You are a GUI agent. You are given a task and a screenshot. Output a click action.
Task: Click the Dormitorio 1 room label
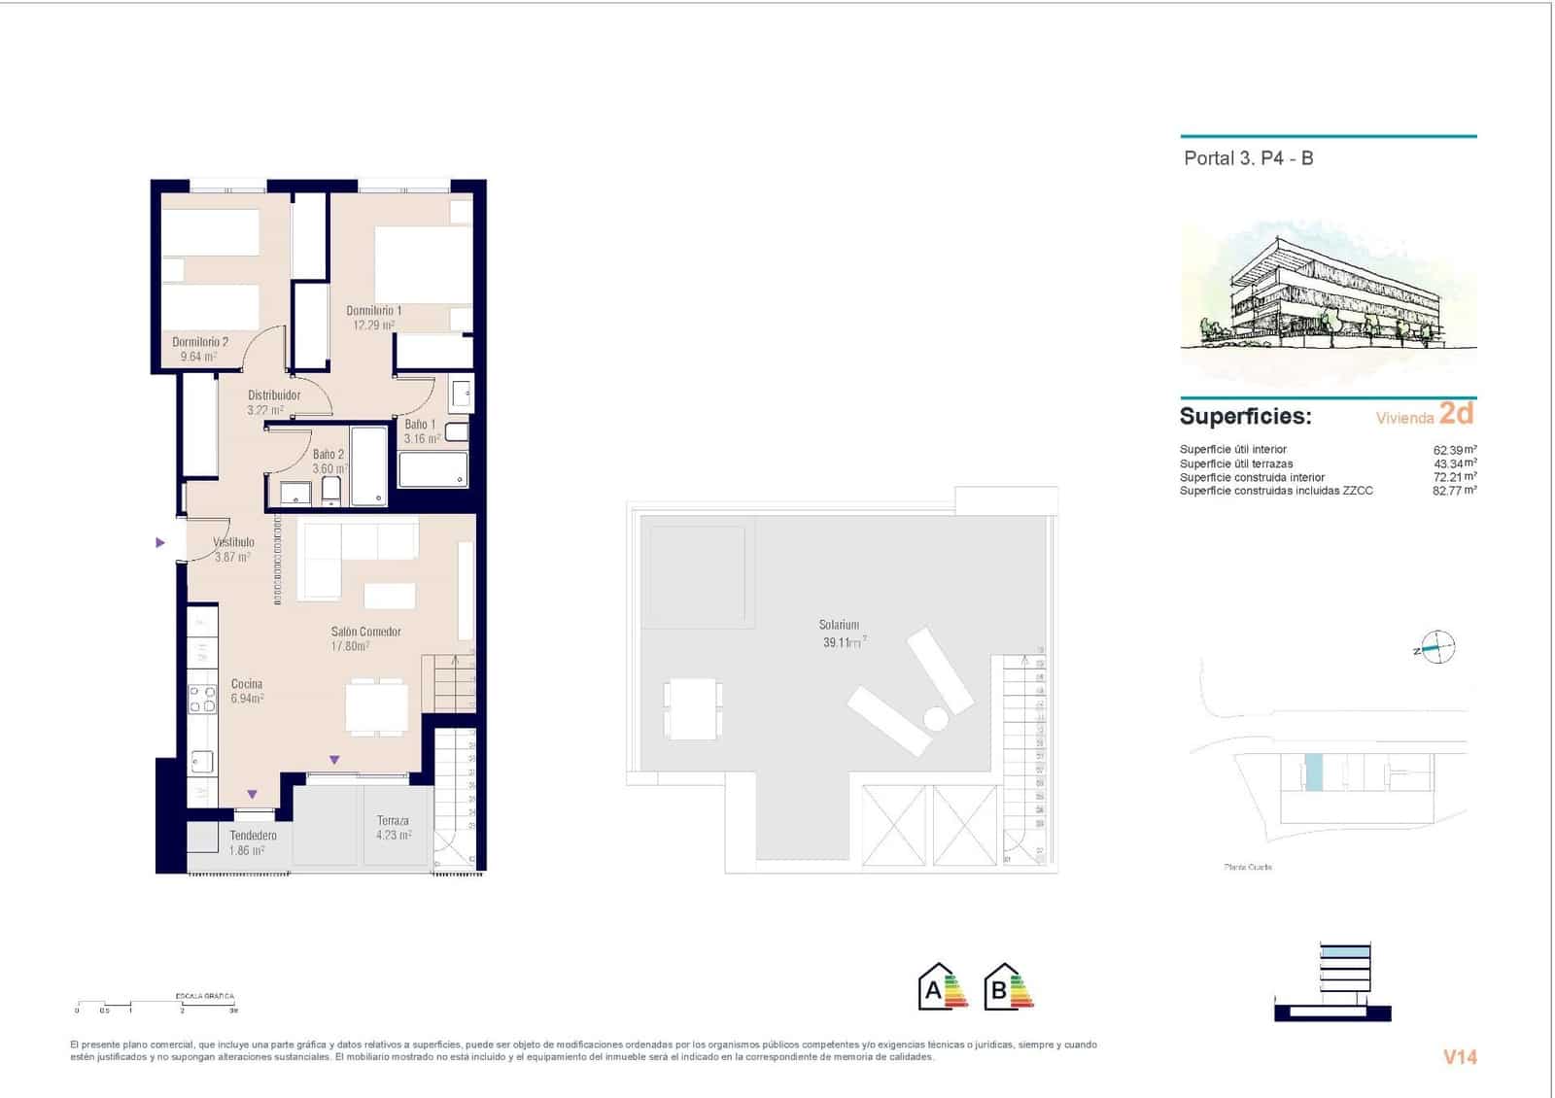[373, 311]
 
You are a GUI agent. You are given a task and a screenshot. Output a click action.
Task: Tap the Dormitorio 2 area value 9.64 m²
[198, 357]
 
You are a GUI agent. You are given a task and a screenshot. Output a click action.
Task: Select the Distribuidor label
[274, 395]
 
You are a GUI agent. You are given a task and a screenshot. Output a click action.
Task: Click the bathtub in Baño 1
[433, 469]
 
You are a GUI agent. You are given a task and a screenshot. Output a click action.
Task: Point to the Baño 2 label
[328, 455]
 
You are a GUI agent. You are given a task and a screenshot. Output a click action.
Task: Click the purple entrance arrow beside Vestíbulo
[160, 542]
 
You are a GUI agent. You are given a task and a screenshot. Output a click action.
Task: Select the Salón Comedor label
[366, 632]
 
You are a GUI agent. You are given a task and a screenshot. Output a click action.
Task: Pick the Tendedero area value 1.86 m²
[247, 850]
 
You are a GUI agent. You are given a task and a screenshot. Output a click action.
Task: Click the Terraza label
[393, 820]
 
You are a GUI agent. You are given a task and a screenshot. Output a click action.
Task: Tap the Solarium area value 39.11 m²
[844, 642]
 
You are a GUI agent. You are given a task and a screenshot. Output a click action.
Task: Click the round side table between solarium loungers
[935, 719]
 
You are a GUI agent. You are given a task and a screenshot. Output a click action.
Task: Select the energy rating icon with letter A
[942, 987]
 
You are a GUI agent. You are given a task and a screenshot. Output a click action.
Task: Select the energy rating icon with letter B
[1008, 987]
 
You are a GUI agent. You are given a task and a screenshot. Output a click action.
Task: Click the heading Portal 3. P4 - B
[1248, 158]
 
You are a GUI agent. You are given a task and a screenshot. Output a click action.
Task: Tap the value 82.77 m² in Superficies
[1454, 491]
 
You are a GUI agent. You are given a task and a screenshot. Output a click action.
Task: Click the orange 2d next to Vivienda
[1456, 414]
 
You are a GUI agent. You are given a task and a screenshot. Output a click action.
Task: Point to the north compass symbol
[1437, 647]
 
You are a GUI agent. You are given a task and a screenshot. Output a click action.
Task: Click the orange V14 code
[1460, 1057]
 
